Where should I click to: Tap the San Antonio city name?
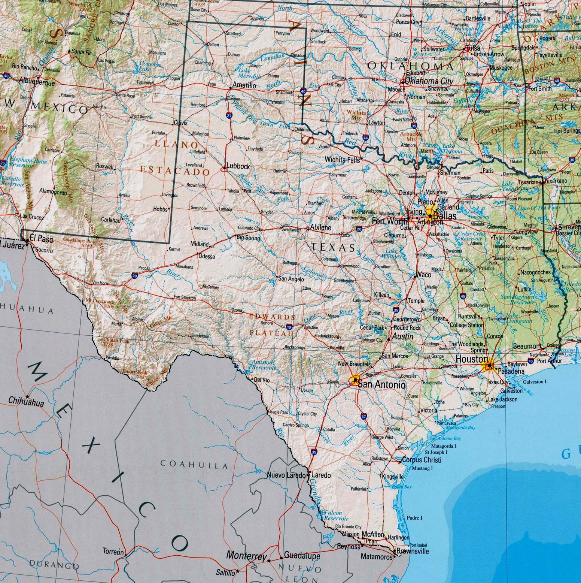click(x=381, y=384)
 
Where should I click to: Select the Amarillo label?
click(x=244, y=85)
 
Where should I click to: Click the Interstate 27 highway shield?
click(x=229, y=116)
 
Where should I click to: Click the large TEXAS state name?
click(x=333, y=247)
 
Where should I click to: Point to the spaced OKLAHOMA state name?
click(x=410, y=66)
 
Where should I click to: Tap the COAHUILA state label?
click(x=194, y=465)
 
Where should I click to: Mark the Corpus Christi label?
click(x=422, y=460)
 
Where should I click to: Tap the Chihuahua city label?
click(x=26, y=403)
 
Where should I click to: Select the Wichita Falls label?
click(x=342, y=160)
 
